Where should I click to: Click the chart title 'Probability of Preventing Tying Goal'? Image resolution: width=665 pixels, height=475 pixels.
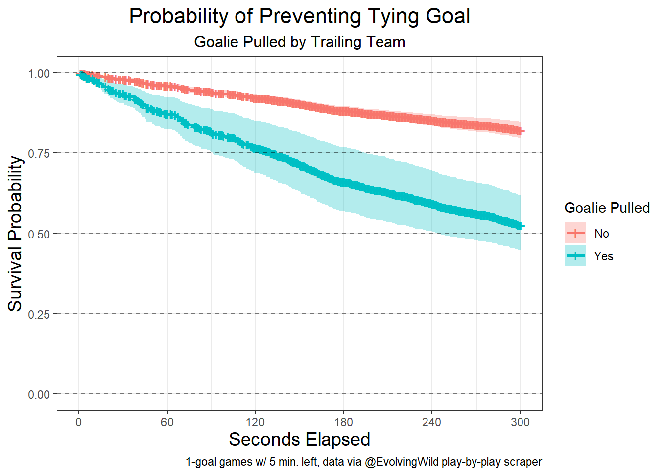pos(299,16)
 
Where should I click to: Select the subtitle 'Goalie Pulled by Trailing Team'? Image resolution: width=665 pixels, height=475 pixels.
pos(299,42)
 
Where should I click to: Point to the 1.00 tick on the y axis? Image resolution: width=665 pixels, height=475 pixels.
pos(39,73)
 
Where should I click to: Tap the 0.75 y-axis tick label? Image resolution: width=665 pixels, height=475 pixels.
pos(39,153)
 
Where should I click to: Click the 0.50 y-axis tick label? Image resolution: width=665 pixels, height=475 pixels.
pos(39,234)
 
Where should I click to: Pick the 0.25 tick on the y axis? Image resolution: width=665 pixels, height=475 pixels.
pos(39,314)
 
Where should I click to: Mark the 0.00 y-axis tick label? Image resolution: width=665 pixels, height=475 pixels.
pos(39,395)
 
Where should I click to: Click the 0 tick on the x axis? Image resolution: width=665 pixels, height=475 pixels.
pos(78,422)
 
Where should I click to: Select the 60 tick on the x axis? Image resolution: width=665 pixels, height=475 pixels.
pos(167,422)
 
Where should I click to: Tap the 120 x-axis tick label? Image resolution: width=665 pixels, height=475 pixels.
pos(255,422)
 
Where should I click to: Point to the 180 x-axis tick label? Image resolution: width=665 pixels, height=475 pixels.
pos(343,422)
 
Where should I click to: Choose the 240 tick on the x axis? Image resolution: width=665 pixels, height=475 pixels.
pos(431,422)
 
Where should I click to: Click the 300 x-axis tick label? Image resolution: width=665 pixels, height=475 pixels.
pos(520,422)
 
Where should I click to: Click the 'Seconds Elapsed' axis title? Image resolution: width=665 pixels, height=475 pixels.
pos(299,440)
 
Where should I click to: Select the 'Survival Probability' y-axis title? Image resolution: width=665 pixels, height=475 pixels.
pos(15,234)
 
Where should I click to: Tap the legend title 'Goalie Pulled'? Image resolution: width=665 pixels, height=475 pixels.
pos(607,208)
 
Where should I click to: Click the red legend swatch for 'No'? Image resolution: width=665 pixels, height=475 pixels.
pos(575,233)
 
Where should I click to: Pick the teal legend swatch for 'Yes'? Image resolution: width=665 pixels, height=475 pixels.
pos(575,256)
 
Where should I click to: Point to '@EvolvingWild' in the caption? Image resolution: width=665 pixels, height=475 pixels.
pos(401,462)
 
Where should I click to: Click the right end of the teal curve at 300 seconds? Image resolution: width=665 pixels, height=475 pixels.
pos(520,226)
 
